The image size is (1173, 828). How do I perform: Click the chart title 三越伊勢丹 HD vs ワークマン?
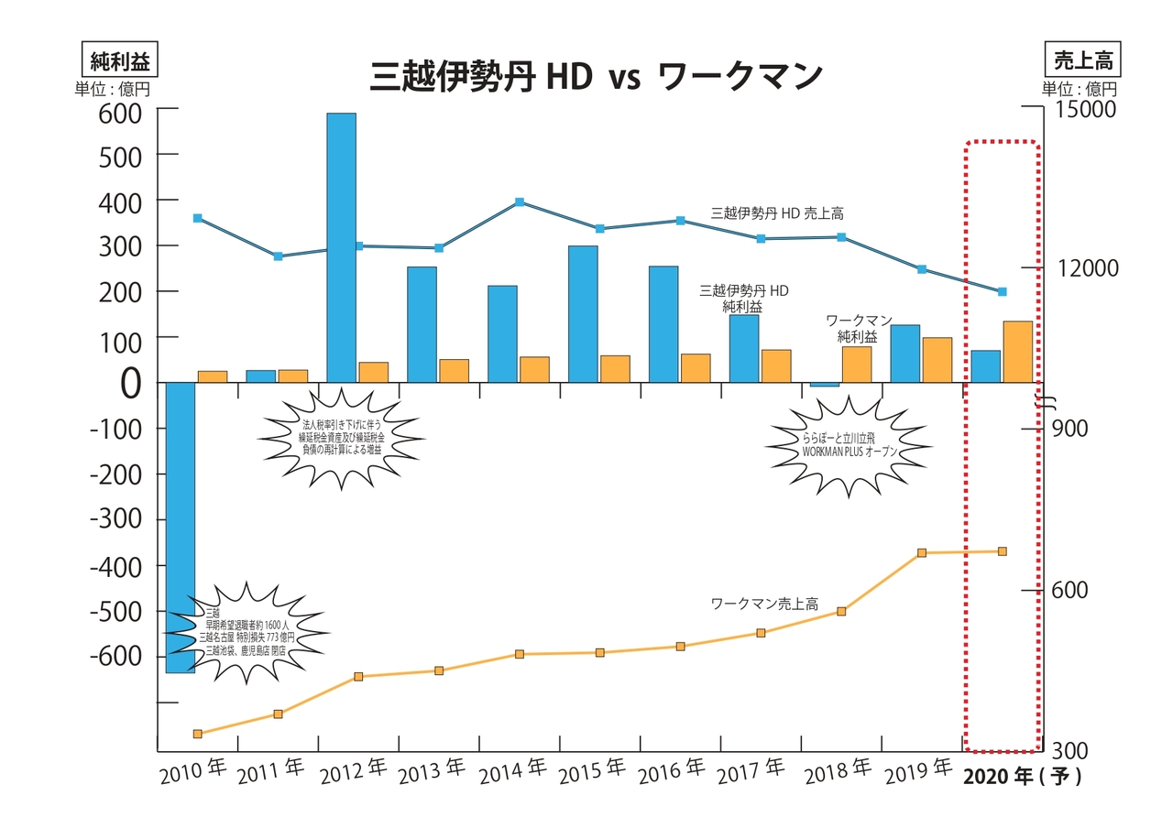pos(596,77)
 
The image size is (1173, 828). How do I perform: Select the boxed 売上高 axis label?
pos(1082,60)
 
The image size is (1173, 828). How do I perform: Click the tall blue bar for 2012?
pos(341,247)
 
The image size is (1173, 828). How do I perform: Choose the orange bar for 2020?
pos(1017,352)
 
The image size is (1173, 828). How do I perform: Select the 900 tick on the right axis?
pos(1069,429)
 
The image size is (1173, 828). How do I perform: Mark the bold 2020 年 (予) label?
pos(1023,777)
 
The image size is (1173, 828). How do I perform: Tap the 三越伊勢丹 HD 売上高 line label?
pos(777,212)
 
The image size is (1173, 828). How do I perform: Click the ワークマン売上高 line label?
pos(764,605)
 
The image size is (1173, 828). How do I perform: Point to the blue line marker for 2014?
pos(520,202)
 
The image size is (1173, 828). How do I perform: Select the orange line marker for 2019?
pos(922,553)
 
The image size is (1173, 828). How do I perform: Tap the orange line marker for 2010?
pos(198,734)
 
